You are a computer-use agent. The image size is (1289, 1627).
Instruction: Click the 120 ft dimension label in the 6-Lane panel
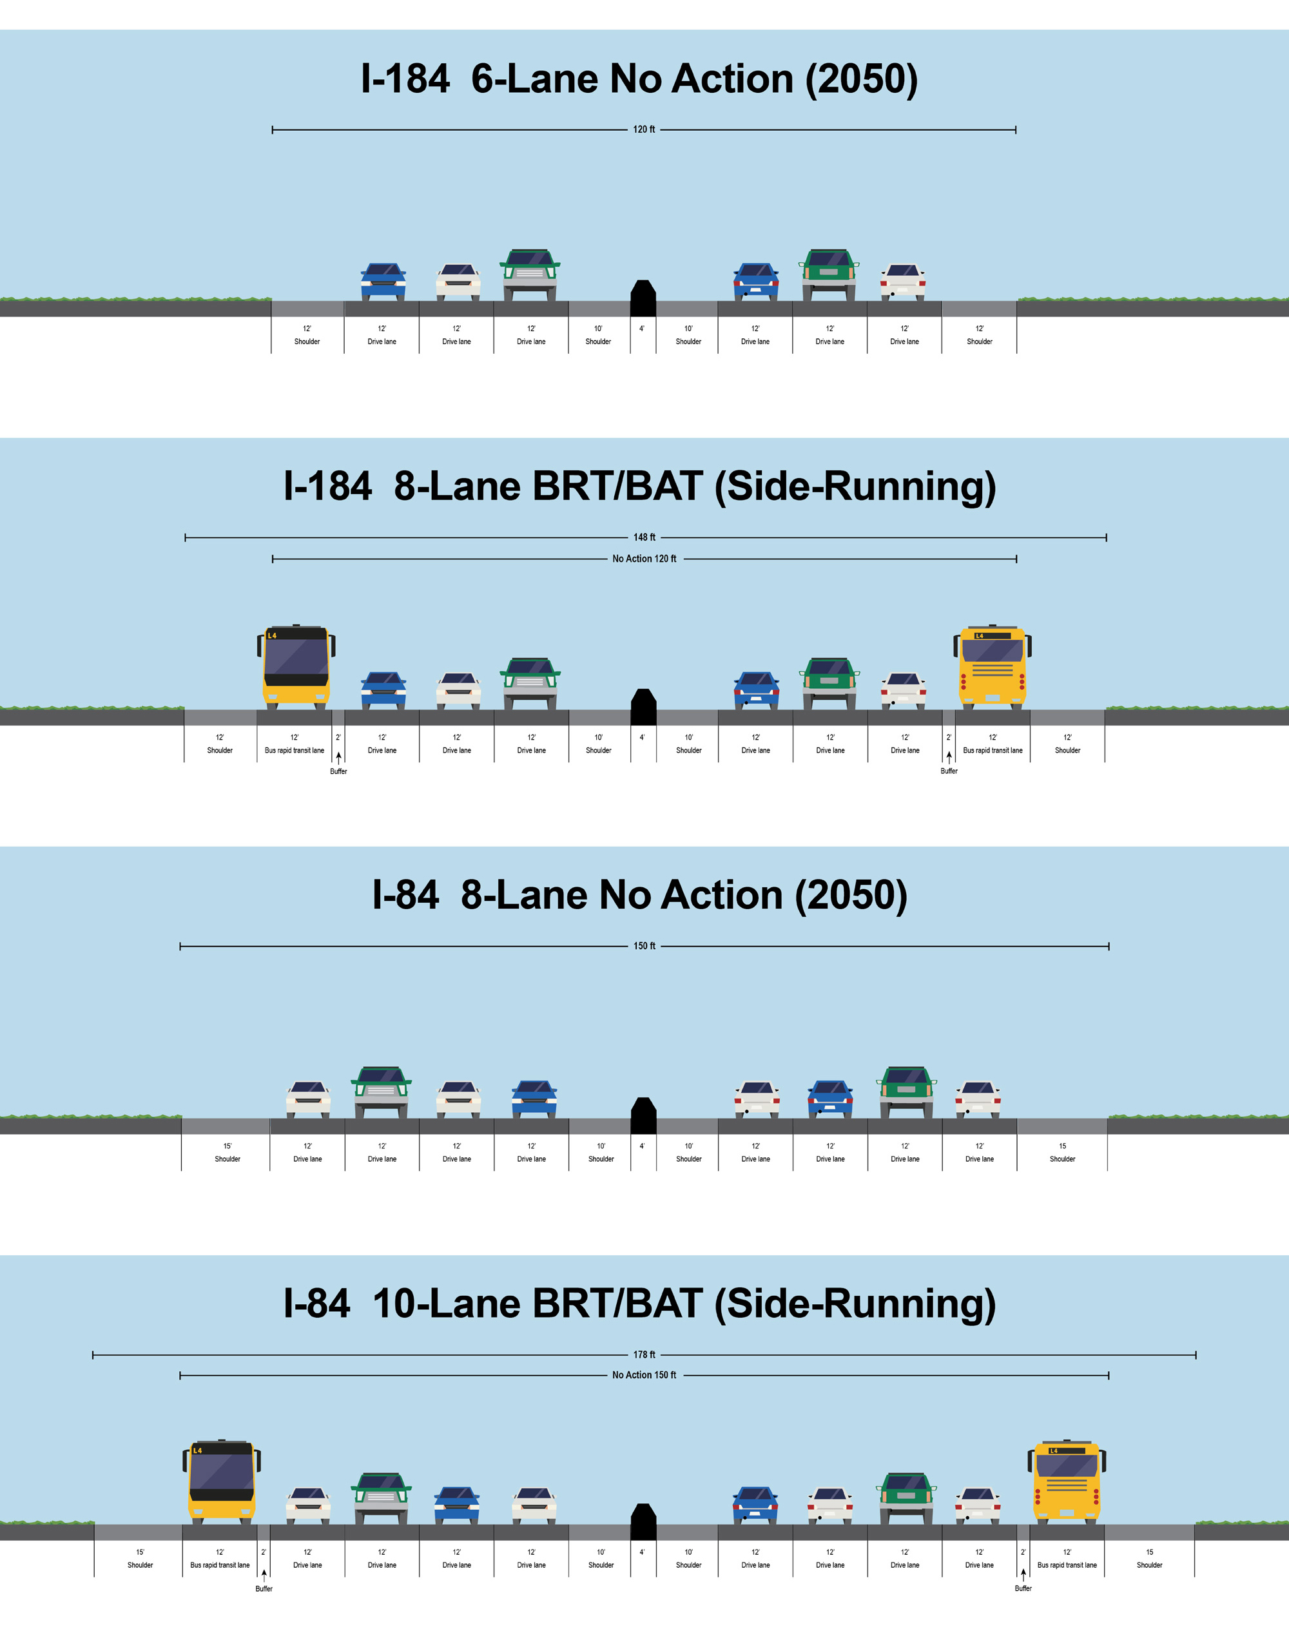644,130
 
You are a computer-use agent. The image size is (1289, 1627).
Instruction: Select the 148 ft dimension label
644,537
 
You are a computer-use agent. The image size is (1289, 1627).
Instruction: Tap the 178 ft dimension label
644,1354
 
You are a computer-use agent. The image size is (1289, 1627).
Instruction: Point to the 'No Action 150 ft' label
644,1375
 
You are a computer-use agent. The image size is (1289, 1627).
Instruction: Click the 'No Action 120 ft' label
644,559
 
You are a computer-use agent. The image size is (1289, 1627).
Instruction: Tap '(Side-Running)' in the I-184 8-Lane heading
855,486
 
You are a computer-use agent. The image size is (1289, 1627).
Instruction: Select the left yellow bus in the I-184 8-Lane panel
296,666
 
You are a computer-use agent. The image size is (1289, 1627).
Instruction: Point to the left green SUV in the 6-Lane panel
530,274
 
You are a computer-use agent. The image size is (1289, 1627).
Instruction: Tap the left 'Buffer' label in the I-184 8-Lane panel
338,771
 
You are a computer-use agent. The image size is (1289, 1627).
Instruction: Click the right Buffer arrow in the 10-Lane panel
1023,1575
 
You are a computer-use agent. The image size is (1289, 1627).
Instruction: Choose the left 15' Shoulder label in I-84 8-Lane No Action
227,1152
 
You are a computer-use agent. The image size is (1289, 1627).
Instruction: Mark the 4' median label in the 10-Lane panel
642,1552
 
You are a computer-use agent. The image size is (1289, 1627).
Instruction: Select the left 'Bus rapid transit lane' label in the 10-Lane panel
220,1565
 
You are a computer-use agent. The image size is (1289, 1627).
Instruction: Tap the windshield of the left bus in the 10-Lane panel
221,1471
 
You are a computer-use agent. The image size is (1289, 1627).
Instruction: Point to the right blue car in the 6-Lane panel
756,282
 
